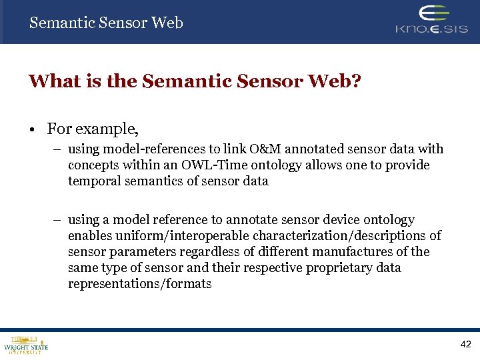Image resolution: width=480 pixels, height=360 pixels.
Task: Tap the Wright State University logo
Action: tap(26, 345)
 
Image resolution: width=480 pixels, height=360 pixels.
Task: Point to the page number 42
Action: tap(465, 345)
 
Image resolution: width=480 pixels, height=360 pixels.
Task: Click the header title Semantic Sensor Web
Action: tap(106, 23)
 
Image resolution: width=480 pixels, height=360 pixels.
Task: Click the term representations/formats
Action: tap(139, 284)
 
